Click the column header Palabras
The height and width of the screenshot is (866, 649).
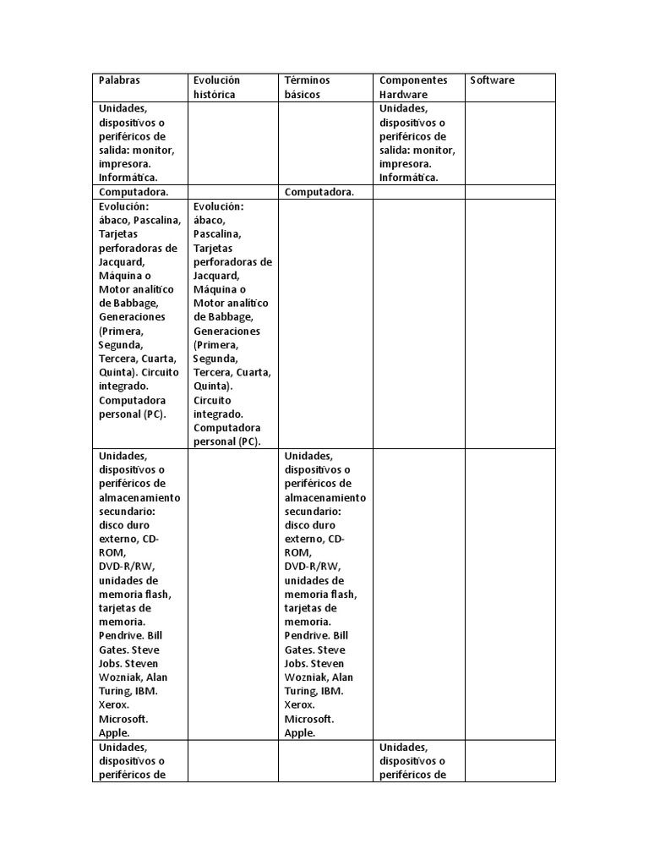coord(119,80)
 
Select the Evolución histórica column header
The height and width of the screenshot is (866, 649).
coord(216,87)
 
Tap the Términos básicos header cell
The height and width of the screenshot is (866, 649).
coord(308,87)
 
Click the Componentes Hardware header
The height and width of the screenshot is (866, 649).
coord(413,87)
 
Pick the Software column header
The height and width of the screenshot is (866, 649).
coord(492,80)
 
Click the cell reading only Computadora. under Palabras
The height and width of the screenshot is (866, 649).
coord(134,192)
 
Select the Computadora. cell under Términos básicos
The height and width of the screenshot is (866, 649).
coord(319,192)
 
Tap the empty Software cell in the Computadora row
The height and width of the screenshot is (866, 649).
coord(510,192)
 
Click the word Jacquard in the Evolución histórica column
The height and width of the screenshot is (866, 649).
coord(216,276)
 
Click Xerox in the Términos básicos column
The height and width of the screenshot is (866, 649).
coord(300,704)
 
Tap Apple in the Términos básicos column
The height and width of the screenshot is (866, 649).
coord(300,733)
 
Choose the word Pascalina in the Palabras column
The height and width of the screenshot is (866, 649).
coord(156,220)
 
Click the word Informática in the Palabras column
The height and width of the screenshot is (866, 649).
coord(128,178)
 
